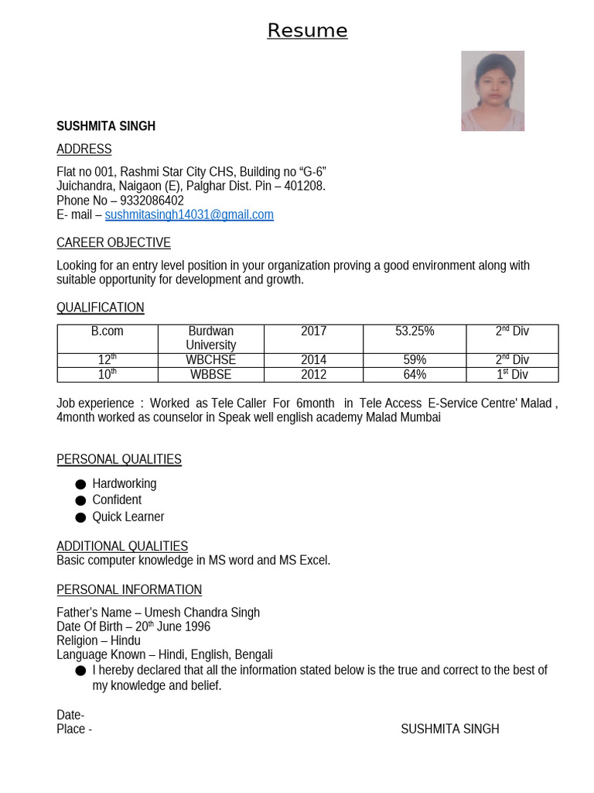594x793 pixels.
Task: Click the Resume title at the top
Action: (x=307, y=30)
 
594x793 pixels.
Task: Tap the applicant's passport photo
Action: (x=493, y=91)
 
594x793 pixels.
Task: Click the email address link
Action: (x=189, y=215)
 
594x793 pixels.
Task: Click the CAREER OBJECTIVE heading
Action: (x=114, y=242)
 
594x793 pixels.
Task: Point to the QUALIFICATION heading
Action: (x=101, y=307)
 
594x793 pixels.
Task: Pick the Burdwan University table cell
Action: (x=210, y=338)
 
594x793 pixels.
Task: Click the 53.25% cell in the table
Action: (x=415, y=331)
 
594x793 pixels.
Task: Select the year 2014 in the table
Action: (x=313, y=360)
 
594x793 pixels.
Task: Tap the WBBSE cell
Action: (x=210, y=375)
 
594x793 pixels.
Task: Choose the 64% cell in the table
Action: (x=415, y=375)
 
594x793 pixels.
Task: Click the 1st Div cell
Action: (x=512, y=375)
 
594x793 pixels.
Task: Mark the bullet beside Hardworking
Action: (x=80, y=484)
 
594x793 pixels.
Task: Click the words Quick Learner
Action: (x=128, y=517)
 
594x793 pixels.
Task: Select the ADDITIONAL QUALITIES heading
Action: (x=122, y=546)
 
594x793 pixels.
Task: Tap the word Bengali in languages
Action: (x=254, y=654)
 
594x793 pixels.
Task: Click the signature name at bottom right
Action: (x=449, y=729)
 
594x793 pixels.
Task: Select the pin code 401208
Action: (x=304, y=186)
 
